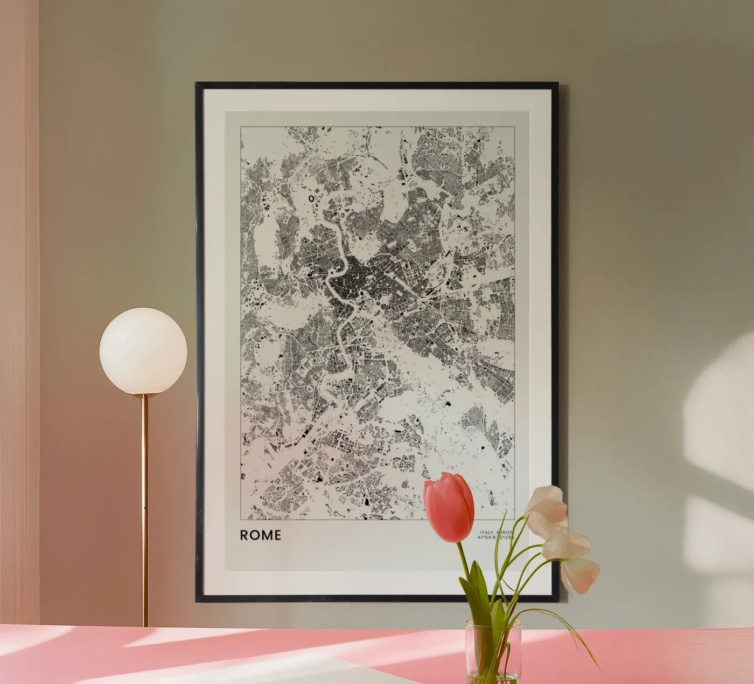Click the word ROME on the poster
[x=260, y=535]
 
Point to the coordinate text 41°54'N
[x=486, y=537]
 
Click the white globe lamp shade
[x=143, y=351]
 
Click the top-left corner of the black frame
[x=197, y=84]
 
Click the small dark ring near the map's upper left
[x=311, y=198]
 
